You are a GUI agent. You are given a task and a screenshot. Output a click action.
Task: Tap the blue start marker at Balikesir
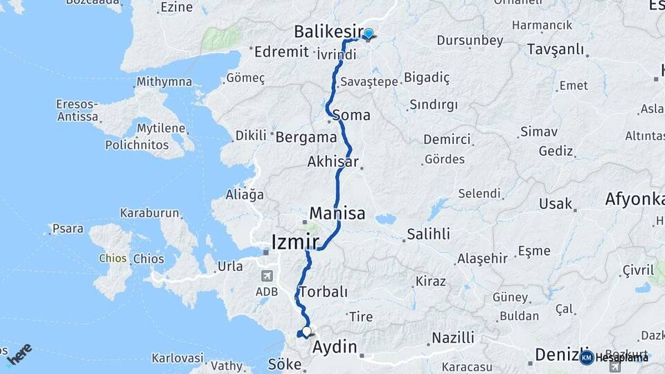coord(369,34)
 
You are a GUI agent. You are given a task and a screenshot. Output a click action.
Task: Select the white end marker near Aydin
coord(306,332)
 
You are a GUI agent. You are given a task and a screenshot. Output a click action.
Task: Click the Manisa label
coord(337,213)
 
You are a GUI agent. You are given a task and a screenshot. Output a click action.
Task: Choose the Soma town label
coord(351,115)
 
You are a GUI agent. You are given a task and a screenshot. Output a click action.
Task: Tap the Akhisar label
coord(333,162)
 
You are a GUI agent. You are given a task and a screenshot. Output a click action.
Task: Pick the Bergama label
coord(306,137)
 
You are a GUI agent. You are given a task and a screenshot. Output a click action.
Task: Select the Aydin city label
coord(336,346)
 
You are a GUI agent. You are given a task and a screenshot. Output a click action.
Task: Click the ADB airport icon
coord(267,276)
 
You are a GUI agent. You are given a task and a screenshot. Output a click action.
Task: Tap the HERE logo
coord(19,354)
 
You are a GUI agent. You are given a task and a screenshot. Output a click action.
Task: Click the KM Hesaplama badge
coord(614,357)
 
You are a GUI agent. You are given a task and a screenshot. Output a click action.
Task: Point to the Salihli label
coord(428,233)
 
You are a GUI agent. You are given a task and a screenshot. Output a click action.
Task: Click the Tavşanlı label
coord(555,50)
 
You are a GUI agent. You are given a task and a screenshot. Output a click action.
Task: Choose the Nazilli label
coord(453,338)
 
